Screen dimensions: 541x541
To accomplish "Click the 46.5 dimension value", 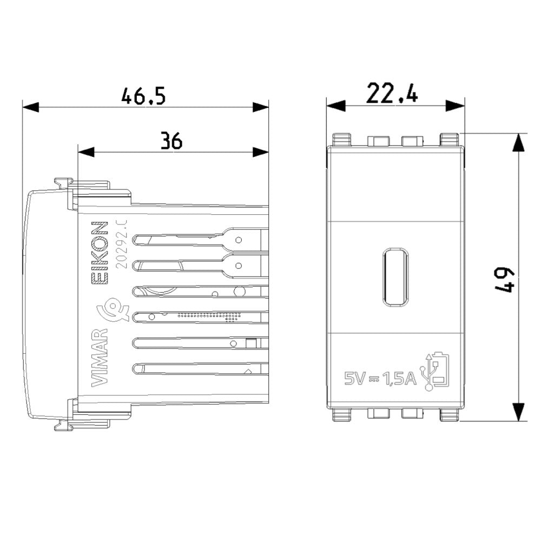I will click(143, 96).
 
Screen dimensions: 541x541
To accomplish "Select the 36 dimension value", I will click(171, 141).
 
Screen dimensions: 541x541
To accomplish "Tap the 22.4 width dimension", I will click(392, 93).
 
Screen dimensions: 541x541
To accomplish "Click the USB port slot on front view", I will click(396, 277).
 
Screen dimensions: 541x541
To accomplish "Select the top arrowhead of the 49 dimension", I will click(519, 142).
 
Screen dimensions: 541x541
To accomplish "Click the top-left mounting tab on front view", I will click(342, 140).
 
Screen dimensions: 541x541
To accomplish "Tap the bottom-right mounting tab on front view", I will click(450, 414).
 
